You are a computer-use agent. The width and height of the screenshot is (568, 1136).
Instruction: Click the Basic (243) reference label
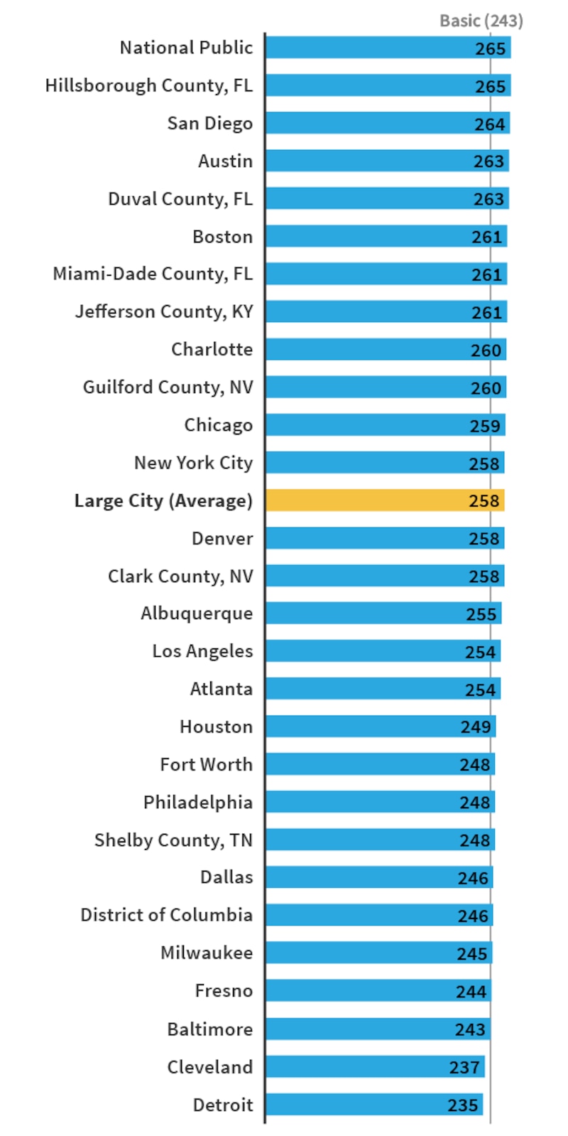pyautogui.click(x=481, y=21)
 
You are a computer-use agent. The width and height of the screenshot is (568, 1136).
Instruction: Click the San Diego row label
pyautogui.click(x=209, y=123)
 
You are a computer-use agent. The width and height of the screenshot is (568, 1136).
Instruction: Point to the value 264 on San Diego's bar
pyautogui.click(x=490, y=124)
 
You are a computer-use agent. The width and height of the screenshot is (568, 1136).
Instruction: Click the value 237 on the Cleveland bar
pyautogui.click(x=464, y=1067)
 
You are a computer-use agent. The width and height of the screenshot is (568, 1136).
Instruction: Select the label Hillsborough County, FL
pyautogui.click(x=148, y=85)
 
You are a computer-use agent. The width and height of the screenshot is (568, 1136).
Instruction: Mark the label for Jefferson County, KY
pyautogui.click(x=164, y=311)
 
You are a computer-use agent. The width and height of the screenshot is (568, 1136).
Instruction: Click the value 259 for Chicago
pyautogui.click(x=485, y=426)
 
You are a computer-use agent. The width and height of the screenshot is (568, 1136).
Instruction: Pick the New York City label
pyautogui.click(x=193, y=463)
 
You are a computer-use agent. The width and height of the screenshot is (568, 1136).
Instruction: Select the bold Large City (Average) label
pyautogui.click(x=163, y=500)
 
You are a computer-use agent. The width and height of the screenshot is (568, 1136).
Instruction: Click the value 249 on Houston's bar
pyautogui.click(x=476, y=727)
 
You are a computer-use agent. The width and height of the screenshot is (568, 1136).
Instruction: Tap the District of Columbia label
pyautogui.click(x=166, y=915)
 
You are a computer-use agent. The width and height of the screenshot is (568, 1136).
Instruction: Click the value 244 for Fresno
pyautogui.click(x=471, y=991)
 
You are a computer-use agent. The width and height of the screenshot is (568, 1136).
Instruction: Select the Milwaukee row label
pyautogui.click(x=207, y=953)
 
